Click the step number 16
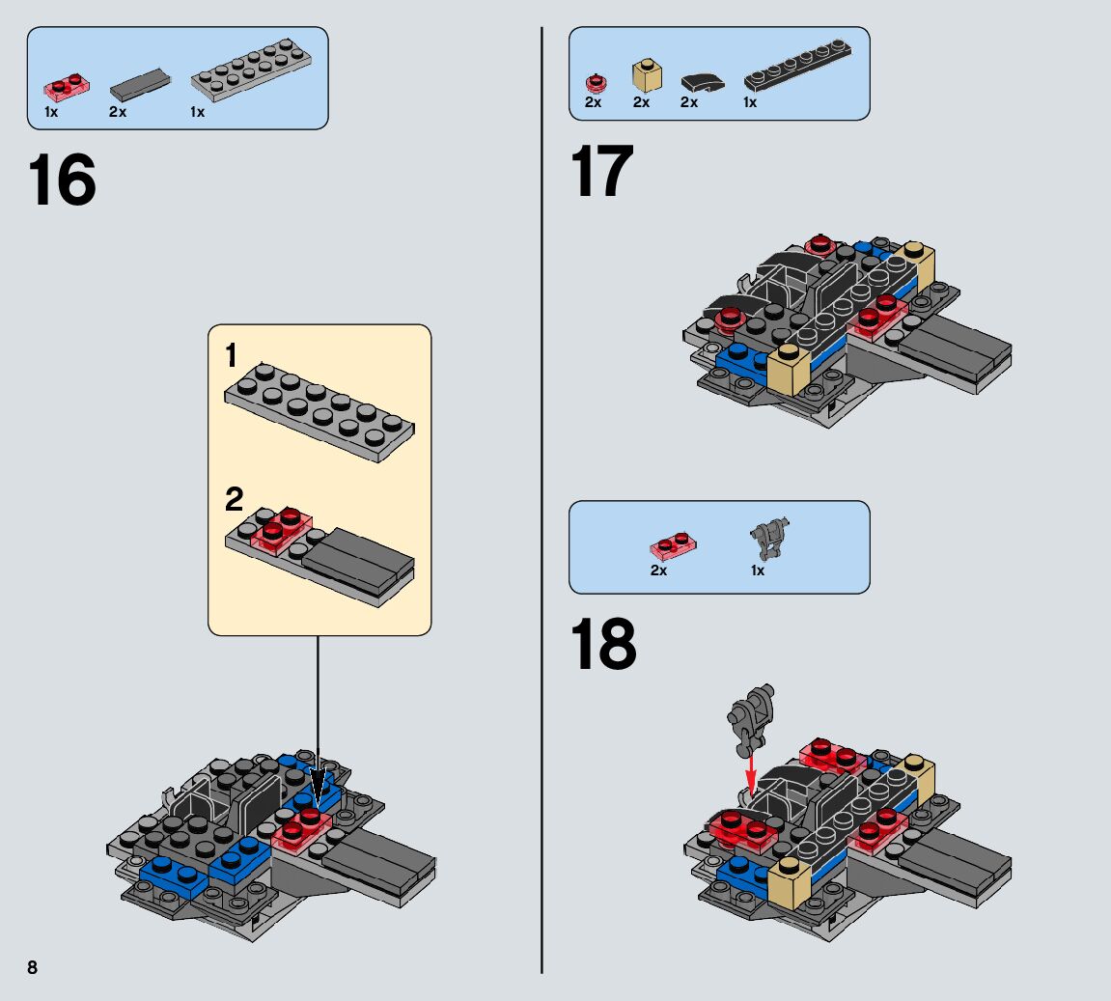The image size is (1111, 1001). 63,180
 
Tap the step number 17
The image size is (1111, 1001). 601,171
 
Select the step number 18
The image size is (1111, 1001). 603,643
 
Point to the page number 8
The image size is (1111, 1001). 33,967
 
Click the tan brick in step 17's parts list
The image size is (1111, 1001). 646,76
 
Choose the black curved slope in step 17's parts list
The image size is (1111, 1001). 703,82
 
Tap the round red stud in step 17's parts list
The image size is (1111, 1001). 596,84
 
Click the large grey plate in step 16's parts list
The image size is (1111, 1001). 251,69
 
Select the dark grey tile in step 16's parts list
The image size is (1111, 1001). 140,85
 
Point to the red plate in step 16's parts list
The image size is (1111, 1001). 67,88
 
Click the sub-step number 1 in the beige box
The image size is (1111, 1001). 231,355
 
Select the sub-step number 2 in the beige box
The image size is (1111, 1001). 234,499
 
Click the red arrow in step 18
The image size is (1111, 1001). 751,773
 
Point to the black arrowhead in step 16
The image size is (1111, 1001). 319,787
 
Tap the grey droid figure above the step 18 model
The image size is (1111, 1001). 751,719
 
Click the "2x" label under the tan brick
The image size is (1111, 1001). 641,102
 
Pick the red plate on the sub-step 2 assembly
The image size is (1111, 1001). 281,528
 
